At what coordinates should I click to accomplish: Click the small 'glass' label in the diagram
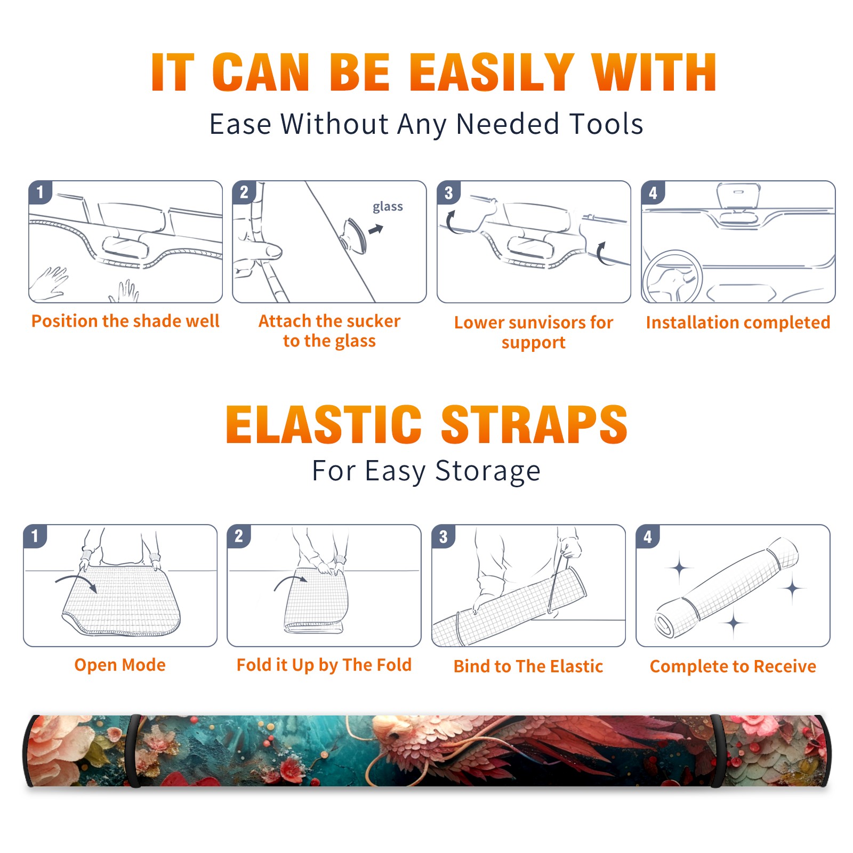pos(388,207)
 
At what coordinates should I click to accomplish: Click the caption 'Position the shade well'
pos(125,321)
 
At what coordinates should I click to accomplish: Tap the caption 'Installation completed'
pos(738,323)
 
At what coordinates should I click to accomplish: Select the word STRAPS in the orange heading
pos(534,424)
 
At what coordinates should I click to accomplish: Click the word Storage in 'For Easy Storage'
pos(488,471)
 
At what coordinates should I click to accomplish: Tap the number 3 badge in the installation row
pos(448,192)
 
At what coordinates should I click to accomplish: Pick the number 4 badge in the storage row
pos(647,536)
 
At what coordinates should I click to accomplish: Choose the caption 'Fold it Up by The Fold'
pos(324,665)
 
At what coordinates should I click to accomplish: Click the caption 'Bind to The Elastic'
pos(528,666)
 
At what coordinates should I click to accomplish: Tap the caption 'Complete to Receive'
pos(733,666)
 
